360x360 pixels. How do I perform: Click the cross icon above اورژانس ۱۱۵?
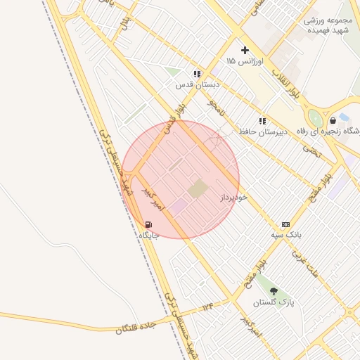click(245, 50)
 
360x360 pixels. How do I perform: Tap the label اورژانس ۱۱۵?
click(245, 62)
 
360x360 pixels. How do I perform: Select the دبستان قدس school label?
click(198, 84)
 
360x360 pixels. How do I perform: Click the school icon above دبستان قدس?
click(197, 73)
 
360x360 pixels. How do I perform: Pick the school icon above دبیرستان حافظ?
click(262, 121)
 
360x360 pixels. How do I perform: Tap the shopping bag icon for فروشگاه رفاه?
click(333, 120)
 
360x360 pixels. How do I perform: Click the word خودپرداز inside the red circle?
click(234, 198)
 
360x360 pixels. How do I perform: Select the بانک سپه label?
click(286, 234)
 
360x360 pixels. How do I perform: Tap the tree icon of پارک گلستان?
click(274, 291)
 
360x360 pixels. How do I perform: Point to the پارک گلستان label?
click(274, 302)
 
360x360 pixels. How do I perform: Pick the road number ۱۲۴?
click(207, 307)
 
